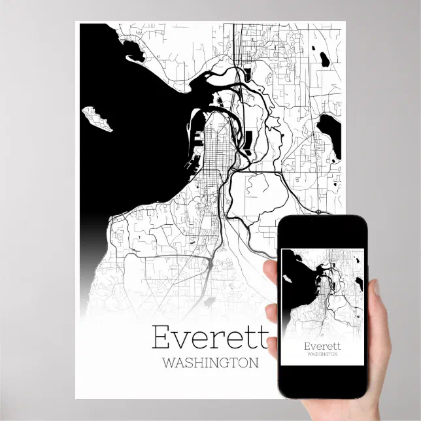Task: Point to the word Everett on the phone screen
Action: click(x=322, y=346)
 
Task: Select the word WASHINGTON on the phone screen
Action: click(x=322, y=354)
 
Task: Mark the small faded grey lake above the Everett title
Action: click(x=209, y=302)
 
